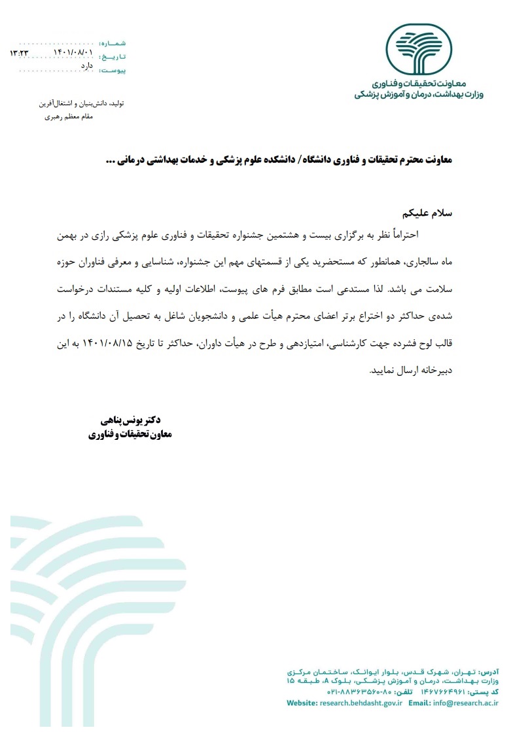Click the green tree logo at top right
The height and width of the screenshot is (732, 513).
tap(418, 50)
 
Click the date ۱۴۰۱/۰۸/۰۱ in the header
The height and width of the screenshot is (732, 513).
tap(73, 52)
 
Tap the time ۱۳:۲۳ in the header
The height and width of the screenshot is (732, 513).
tap(19, 52)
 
